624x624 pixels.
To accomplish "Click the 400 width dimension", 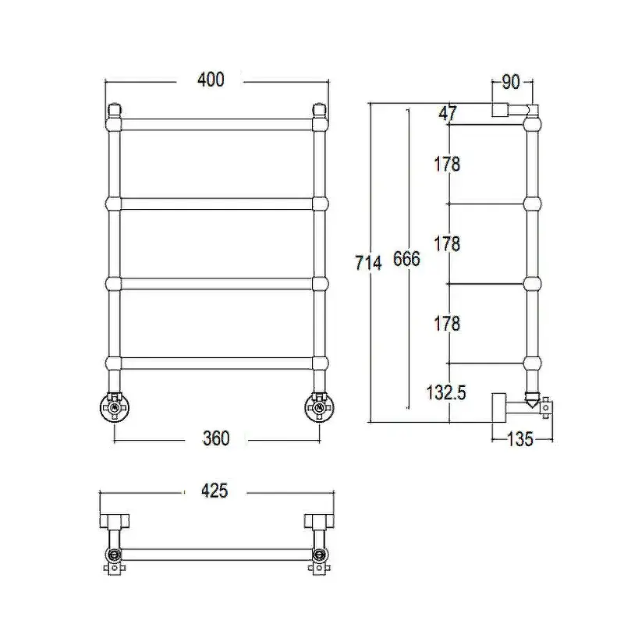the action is [211, 80].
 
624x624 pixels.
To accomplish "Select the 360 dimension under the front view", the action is [216, 438].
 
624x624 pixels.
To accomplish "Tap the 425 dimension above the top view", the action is [214, 491].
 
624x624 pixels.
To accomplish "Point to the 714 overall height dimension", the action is [368, 263].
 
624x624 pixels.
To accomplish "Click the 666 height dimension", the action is [406, 259].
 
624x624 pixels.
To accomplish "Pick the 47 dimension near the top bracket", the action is [448, 113].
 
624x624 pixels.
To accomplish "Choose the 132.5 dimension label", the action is [446, 393].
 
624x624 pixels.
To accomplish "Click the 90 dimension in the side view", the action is [511, 82].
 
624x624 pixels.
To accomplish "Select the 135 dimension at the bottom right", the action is [520, 439].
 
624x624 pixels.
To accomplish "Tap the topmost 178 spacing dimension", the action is [447, 164].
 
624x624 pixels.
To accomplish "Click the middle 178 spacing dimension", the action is [447, 243].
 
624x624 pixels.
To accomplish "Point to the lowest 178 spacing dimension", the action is [447, 323].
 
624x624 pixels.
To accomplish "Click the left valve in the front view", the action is [115, 407].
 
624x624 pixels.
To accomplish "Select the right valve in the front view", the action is [319, 407].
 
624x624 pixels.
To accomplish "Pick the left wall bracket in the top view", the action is [114, 521].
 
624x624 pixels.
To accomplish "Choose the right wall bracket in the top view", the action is [319, 521].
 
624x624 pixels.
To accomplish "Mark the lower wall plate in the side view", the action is [499, 407].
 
